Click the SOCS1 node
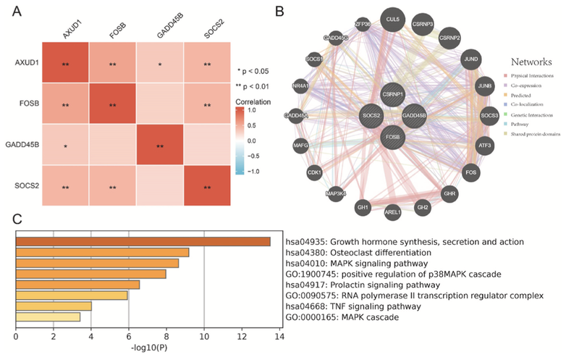point(314,58)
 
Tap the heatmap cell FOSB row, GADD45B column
point(159,105)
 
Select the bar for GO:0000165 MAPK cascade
point(48,317)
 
